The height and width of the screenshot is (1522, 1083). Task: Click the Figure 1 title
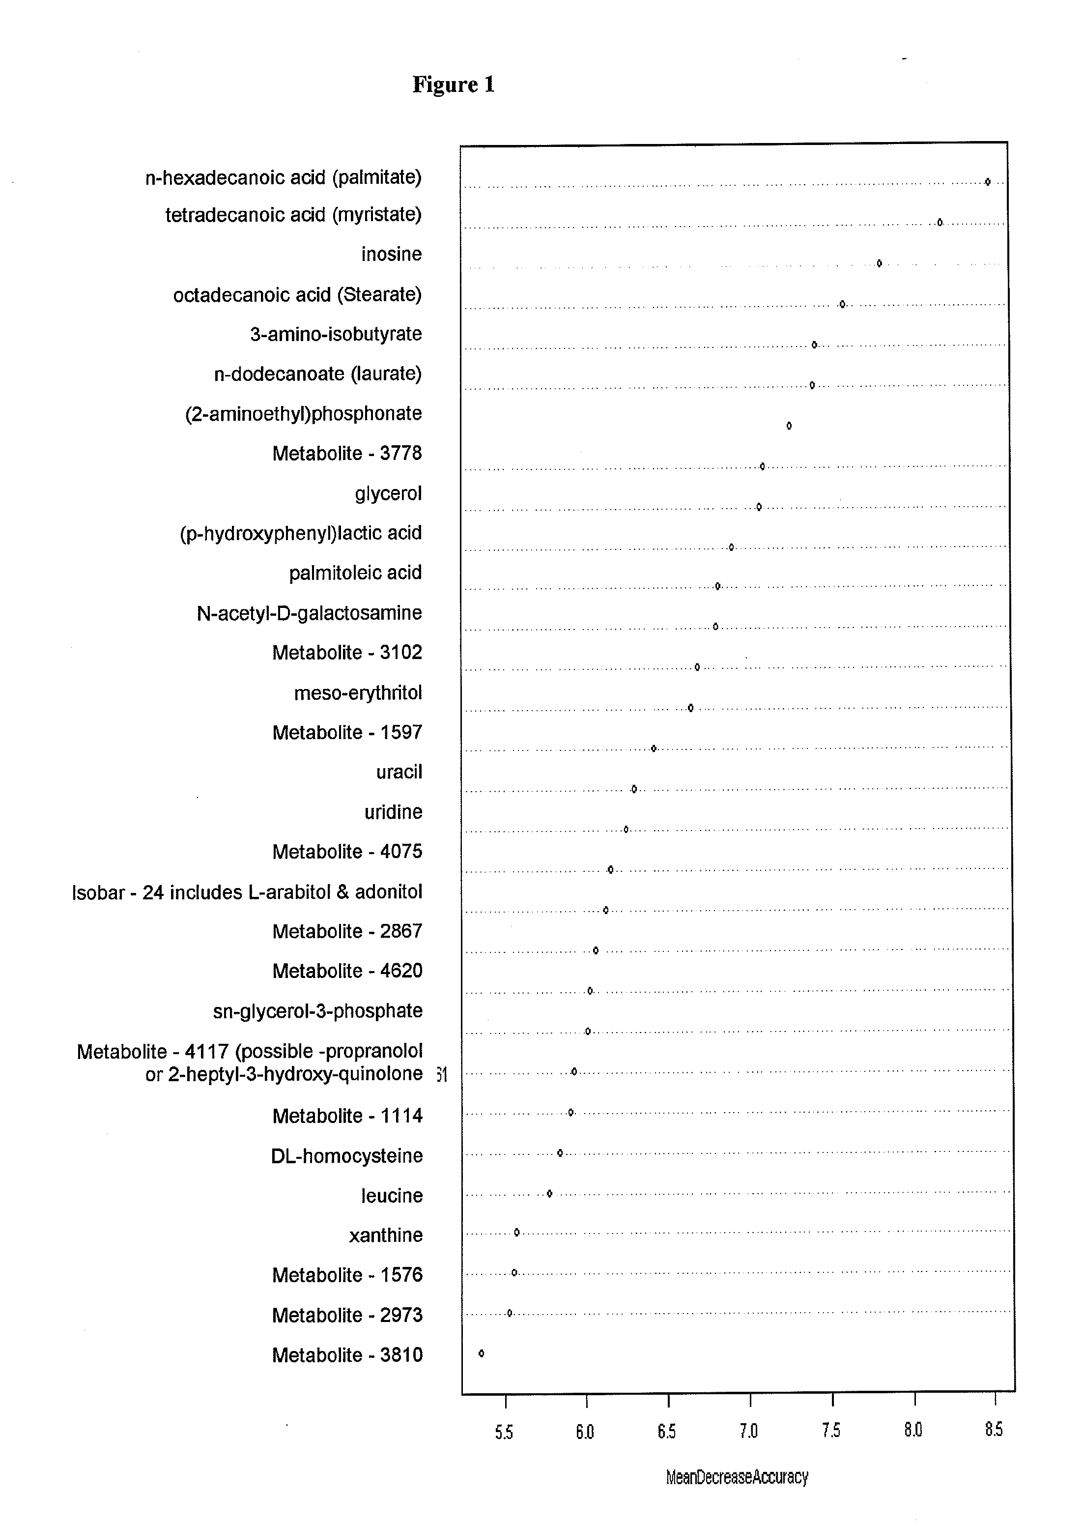(x=454, y=85)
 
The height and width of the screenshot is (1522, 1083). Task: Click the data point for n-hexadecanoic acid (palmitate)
(x=988, y=181)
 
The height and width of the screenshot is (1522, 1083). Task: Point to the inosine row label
(x=392, y=254)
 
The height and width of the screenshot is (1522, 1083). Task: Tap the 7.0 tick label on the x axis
(x=749, y=1431)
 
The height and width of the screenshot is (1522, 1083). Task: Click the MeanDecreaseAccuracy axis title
(x=737, y=1477)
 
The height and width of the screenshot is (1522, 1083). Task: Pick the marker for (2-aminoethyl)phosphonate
(x=789, y=426)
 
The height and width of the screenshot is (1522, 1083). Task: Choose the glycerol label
(x=388, y=493)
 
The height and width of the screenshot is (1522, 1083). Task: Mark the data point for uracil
(x=634, y=789)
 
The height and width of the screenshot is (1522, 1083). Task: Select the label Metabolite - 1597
(x=347, y=732)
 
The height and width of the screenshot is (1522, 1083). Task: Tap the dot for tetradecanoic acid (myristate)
(x=940, y=222)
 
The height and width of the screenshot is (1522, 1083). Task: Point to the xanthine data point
(x=517, y=1232)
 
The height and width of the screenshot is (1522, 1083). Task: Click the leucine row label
(x=392, y=1195)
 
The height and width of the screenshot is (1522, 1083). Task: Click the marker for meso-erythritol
(x=691, y=708)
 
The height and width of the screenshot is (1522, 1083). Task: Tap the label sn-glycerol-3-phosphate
(x=317, y=1010)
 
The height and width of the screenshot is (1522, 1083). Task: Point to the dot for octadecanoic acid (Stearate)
(x=842, y=304)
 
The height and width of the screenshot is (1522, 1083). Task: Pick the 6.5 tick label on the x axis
(x=667, y=1431)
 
